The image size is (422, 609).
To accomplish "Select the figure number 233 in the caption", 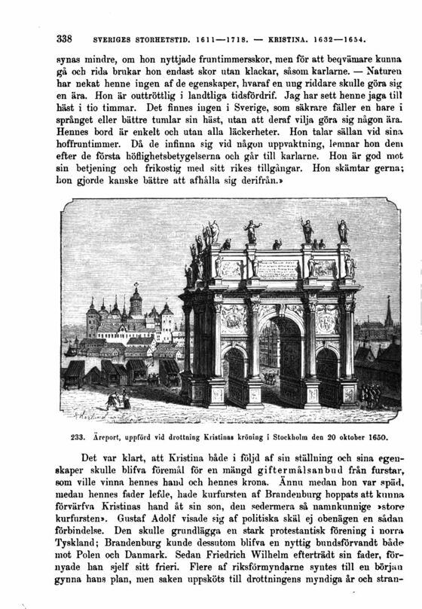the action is (78, 436).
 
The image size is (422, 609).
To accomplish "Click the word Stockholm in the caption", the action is (283, 436).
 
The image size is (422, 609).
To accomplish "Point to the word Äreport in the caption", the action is (109, 436).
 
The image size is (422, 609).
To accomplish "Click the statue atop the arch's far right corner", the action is (344, 231).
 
